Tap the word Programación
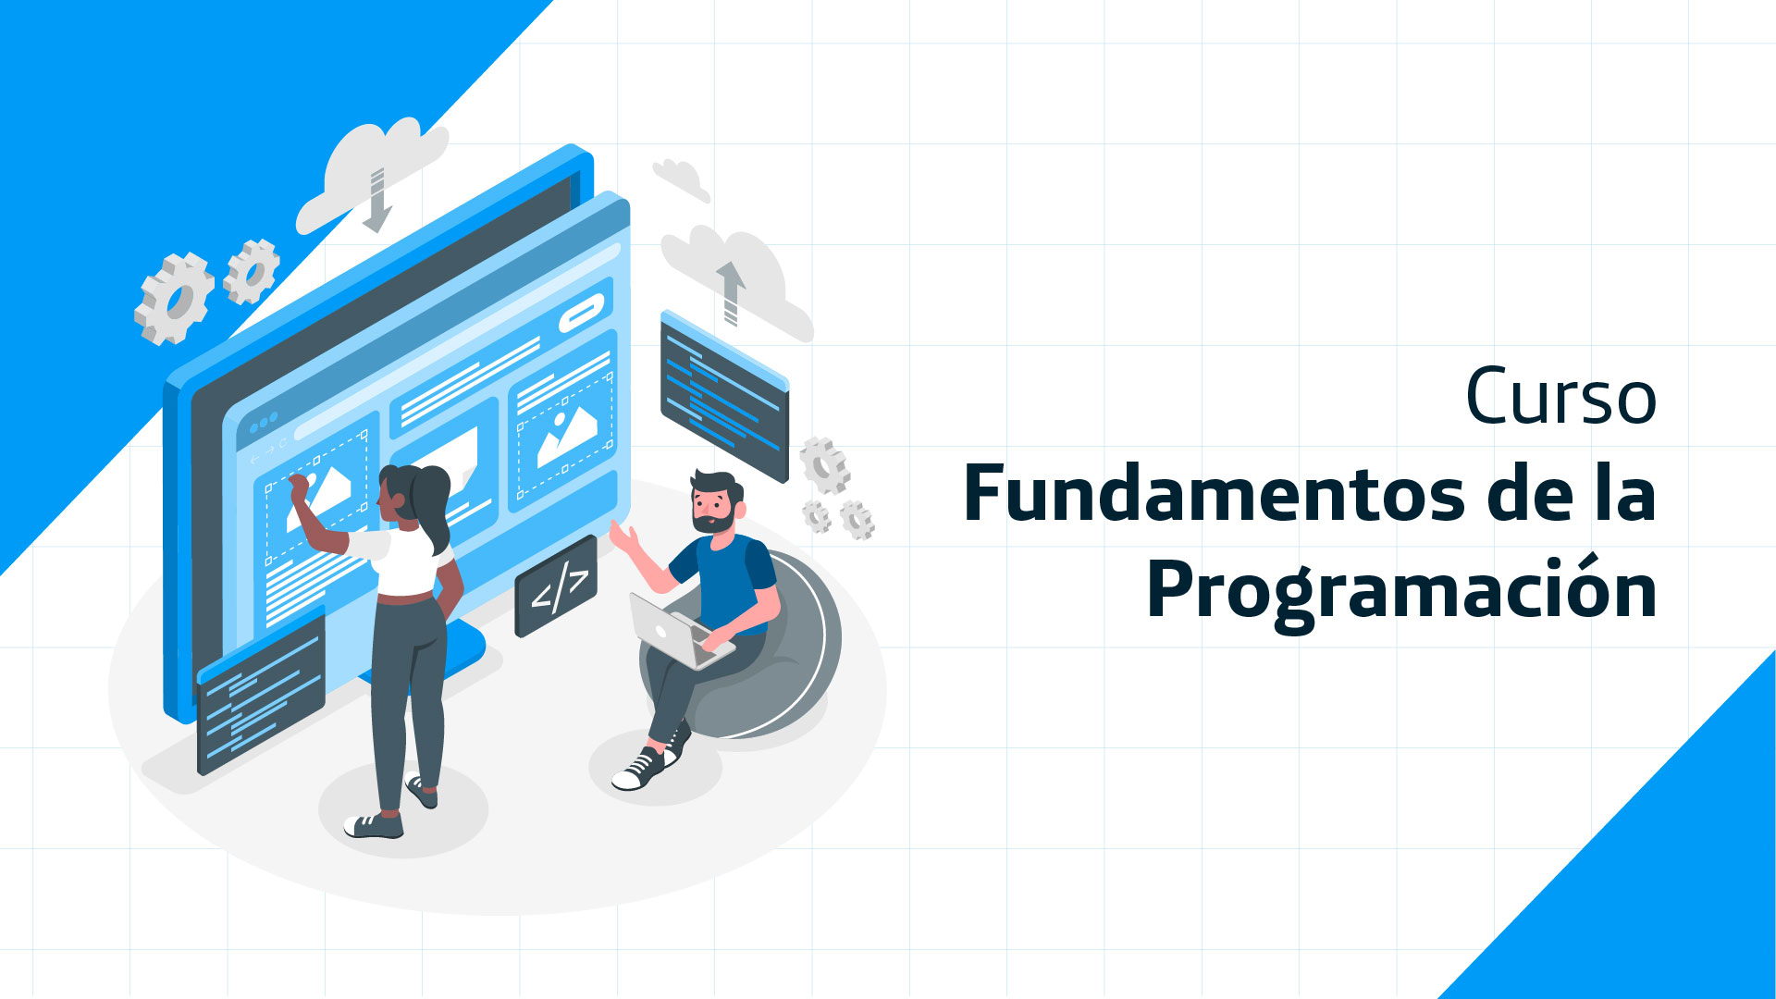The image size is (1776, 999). click(1401, 591)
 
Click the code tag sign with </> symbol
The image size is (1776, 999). click(556, 586)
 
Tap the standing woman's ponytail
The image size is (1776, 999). click(433, 504)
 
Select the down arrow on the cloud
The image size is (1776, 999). click(376, 200)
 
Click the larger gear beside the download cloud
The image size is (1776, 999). click(174, 299)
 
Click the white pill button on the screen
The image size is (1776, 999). click(582, 314)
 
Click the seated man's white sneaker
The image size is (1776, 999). click(639, 770)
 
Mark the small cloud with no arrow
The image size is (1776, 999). click(682, 178)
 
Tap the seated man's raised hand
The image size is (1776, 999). click(624, 536)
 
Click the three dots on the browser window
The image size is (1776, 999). click(264, 424)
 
